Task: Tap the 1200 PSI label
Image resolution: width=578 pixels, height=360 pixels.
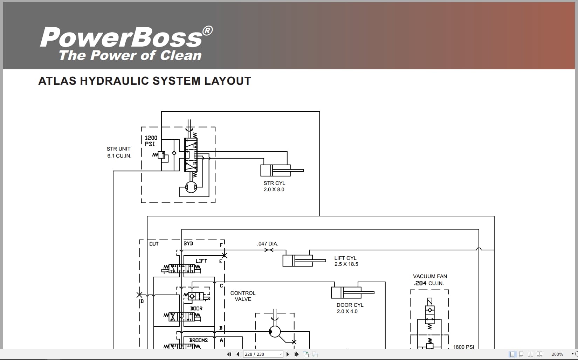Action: tap(151, 141)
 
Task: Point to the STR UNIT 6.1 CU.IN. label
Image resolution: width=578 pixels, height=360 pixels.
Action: tap(119, 152)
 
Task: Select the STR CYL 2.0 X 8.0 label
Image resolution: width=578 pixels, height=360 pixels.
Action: tap(274, 186)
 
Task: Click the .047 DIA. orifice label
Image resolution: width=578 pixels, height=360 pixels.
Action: tap(268, 244)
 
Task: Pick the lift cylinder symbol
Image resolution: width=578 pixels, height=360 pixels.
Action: tap(298, 261)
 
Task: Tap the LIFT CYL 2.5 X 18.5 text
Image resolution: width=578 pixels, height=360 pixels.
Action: tap(346, 261)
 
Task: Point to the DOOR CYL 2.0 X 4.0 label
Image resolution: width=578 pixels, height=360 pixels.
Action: tap(350, 308)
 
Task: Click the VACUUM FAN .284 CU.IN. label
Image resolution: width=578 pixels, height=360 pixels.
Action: tap(430, 280)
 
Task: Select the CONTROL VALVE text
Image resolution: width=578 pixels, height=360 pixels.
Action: tap(243, 296)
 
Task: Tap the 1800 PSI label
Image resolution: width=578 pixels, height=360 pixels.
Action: tap(463, 347)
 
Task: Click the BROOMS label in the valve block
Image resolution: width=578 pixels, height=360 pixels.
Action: tap(198, 340)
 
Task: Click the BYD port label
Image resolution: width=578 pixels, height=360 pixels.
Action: tap(188, 243)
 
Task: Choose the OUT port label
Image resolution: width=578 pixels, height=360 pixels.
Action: tap(154, 244)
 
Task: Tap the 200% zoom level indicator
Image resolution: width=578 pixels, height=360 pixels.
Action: tap(557, 354)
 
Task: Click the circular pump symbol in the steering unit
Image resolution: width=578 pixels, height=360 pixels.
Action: tap(191, 187)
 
